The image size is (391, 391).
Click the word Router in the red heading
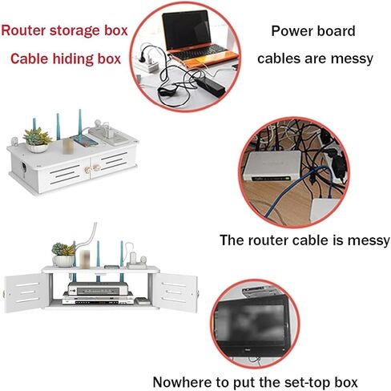coord(24,30)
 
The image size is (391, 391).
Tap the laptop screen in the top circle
coord(187,30)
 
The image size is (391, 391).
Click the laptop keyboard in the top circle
coord(200,52)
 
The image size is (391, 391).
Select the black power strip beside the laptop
coord(210,84)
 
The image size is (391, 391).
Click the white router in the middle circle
coord(272,166)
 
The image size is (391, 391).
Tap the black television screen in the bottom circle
coord(251,324)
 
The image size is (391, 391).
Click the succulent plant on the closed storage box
coord(37,136)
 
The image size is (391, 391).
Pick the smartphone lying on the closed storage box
coord(84,141)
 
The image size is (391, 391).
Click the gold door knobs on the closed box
coord(91,169)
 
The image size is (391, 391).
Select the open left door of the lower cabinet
coord(26,292)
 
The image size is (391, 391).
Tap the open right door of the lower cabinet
coord(175,292)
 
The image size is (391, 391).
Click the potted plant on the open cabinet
coord(63,255)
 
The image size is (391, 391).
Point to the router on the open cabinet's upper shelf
coord(98,288)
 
